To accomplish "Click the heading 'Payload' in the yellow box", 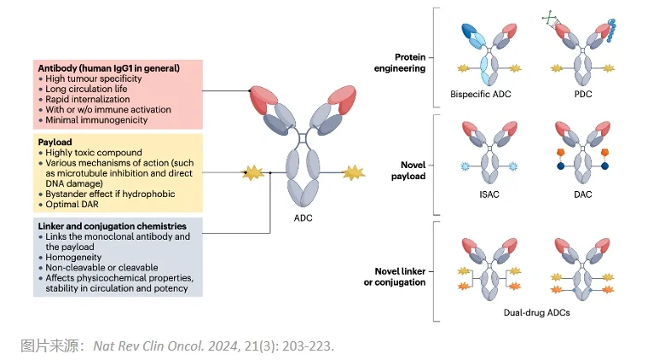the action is point(55,142).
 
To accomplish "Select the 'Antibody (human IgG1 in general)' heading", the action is point(108,68).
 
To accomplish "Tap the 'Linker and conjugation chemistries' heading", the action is point(112,226).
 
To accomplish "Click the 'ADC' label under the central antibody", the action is point(303,218).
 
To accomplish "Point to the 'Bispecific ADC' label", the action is point(481,94).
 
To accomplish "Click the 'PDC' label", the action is point(583,94).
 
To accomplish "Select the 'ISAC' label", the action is point(489,195).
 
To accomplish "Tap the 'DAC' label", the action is point(582,195).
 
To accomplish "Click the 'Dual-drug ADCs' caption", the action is point(536,312).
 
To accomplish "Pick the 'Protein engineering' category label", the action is point(400,63).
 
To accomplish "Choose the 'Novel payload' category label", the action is point(408,171).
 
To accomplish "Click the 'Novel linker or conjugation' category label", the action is point(395,276).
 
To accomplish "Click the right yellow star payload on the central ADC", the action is point(353,173).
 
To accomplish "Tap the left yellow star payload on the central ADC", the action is point(252,173).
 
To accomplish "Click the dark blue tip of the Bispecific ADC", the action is point(469,31).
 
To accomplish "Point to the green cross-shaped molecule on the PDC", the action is point(550,18).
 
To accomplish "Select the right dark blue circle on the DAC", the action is point(604,166).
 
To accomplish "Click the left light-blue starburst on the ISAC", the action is point(465,166).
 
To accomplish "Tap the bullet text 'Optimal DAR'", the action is point(72,204).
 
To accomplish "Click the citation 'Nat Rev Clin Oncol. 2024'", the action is point(165,346).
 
